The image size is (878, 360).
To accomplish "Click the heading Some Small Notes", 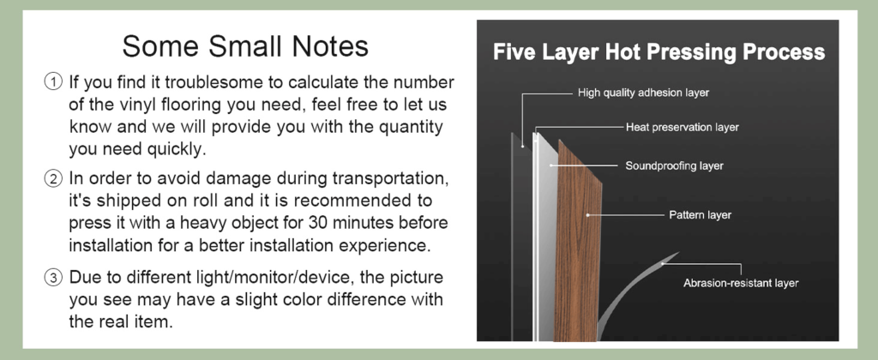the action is point(245,46).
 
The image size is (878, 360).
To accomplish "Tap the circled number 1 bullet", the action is point(53,82).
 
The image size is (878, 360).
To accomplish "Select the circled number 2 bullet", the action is point(53,179).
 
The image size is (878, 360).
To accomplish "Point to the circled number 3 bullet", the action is point(53,277).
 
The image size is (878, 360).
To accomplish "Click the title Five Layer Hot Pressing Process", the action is point(658,52).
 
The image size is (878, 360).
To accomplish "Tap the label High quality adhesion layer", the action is point(643,93).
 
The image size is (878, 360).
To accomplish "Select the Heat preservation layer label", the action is point(682,127).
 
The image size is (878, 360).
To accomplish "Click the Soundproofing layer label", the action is point(674,165).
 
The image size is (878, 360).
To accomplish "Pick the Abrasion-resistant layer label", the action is point(741,283).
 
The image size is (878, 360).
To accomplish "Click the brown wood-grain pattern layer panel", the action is point(578,246).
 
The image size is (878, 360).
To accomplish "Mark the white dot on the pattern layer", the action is point(588,214).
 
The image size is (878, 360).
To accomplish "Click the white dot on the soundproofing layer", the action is point(551,165).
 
